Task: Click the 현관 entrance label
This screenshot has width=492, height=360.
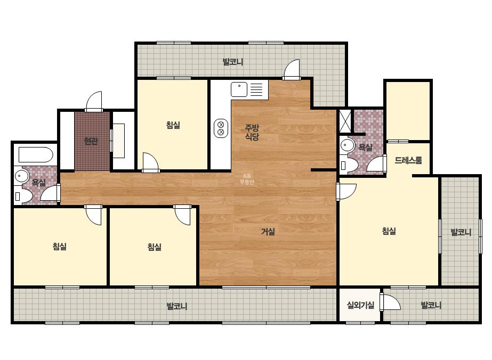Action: [91, 141]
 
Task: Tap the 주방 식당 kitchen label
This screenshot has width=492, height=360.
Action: [252, 132]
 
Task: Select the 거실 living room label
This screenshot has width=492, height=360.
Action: [268, 232]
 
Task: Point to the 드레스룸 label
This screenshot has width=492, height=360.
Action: [408, 160]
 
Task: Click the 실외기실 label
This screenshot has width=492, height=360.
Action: [360, 305]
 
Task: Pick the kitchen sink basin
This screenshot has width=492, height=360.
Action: [239, 89]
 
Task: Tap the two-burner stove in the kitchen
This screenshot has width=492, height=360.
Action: [221, 128]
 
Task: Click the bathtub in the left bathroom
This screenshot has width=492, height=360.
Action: [36, 154]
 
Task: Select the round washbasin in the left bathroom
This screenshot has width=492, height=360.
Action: [21, 176]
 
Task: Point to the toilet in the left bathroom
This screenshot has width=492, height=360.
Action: [23, 197]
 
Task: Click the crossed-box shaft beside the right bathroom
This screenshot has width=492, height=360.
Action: [345, 121]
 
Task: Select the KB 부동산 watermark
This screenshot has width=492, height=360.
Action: [247, 179]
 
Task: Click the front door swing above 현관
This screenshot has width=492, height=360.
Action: [94, 101]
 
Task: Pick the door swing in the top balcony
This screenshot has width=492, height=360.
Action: [291, 69]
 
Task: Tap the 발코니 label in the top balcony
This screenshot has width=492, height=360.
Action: [233, 62]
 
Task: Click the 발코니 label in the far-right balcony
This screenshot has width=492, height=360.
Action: [461, 232]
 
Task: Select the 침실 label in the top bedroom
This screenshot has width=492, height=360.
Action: [173, 125]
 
